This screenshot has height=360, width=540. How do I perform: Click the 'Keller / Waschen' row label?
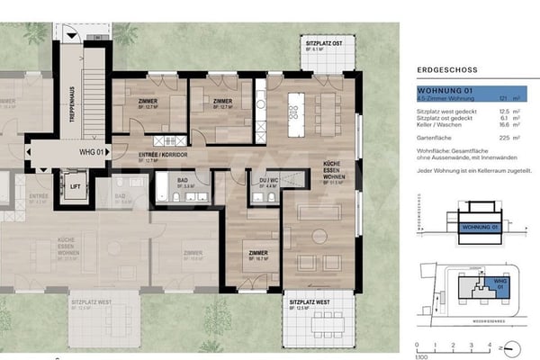click(436, 126)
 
